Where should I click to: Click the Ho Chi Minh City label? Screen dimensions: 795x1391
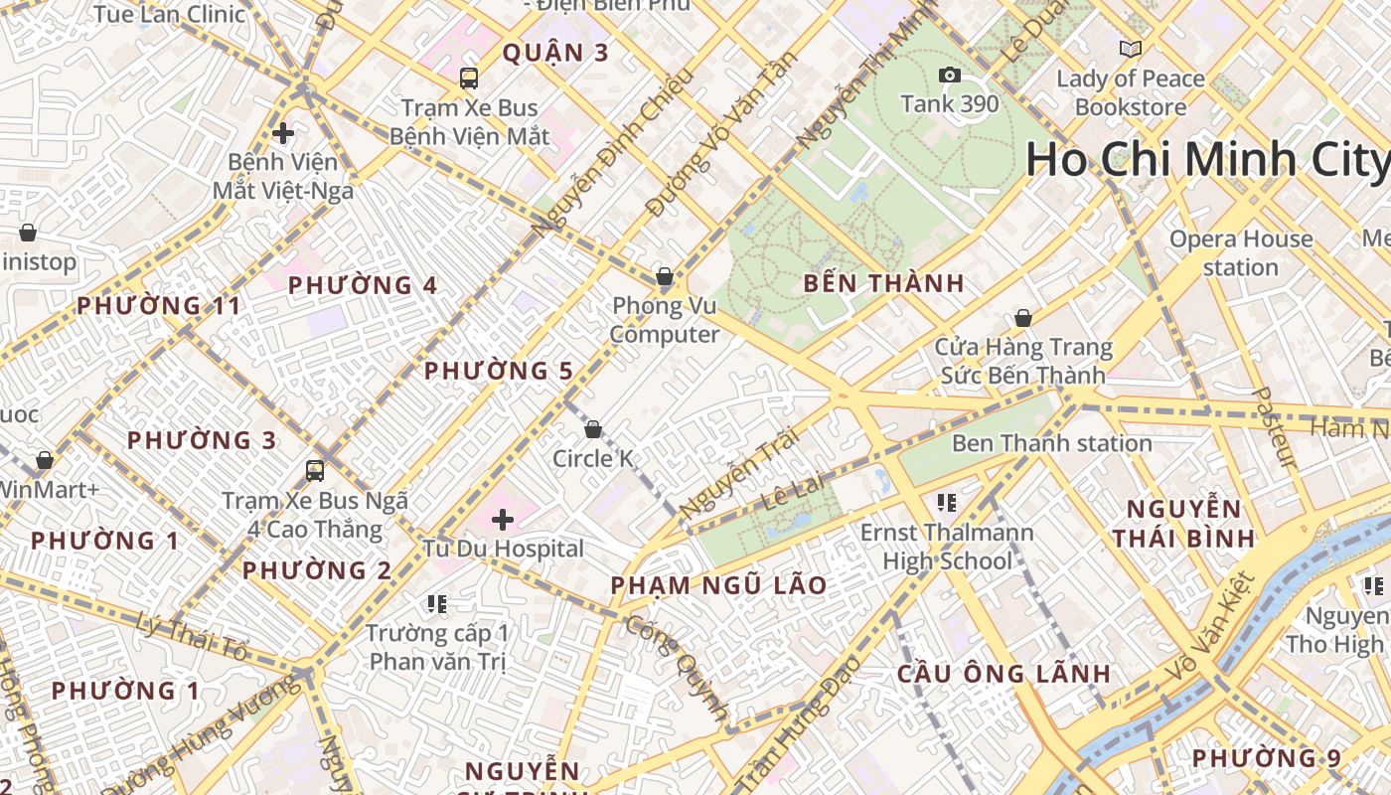pyautogui.click(x=1207, y=160)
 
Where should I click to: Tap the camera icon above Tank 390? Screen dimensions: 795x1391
pyautogui.click(x=950, y=76)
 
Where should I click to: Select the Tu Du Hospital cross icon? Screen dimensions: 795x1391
pyautogui.click(x=503, y=519)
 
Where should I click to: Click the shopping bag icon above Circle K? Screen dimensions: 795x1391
pyautogui.click(x=593, y=429)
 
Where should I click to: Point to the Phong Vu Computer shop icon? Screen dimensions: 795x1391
pyautogui.click(x=664, y=276)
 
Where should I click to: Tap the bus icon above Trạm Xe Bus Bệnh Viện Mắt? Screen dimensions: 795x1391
pyautogui.click(x=469, y=78)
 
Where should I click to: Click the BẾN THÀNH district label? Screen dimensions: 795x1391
pyautogui.click(x=883, y=283)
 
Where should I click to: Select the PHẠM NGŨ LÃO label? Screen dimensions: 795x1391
pyautogui.click(x=718, y=585)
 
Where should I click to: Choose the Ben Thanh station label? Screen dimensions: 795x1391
pyautogui.click(x=1051, y=443)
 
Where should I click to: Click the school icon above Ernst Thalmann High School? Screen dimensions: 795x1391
pyautogui.click(x=946, y=503)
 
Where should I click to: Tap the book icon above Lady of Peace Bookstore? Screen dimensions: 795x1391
pyautogui.click(x=1130, y=49)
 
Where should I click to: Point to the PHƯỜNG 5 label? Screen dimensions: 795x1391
pyautogui.click(x=499, y=371)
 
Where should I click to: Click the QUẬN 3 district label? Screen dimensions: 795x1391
pyautogui.click(x=554, y=53)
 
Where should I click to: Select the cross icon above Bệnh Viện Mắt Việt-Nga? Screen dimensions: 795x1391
pyautogui.click(x=283, y=132)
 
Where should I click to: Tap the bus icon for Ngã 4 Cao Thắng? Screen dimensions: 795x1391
pyautogui.click(x=315, y=471)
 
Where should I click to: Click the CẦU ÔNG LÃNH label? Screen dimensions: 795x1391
pyautogui.click(x=1004, y=673)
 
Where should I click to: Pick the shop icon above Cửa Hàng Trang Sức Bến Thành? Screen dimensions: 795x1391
pyautogui.click(x=1022, y=318)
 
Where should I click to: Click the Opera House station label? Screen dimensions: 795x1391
pyautogui.click(x=1240, y=252)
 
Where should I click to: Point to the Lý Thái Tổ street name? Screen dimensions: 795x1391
pyautogui.click(x=192, y=636)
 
